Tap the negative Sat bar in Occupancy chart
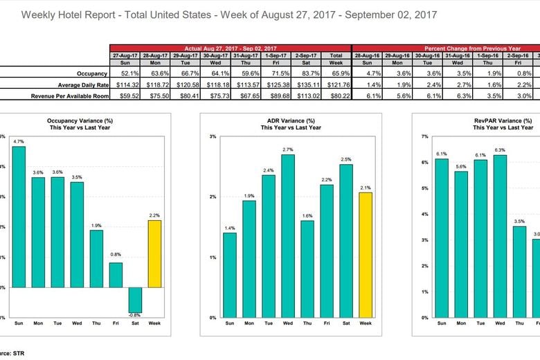tap(135, 300)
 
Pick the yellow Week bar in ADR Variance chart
tap(366, 255)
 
